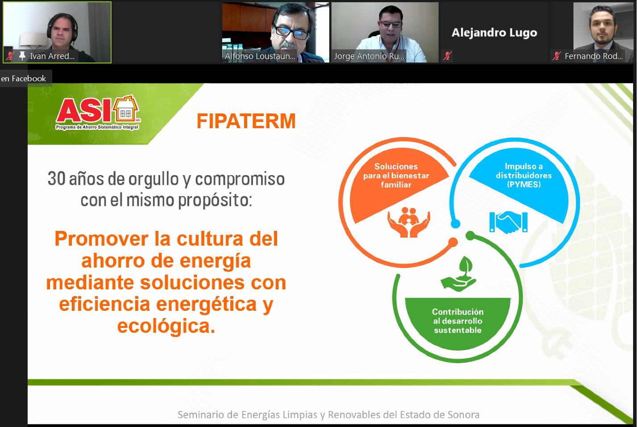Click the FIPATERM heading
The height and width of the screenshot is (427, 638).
246,121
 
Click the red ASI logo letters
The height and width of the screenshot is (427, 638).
83,111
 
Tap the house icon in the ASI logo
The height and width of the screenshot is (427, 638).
125,110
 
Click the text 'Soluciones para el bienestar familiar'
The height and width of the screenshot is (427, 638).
396,176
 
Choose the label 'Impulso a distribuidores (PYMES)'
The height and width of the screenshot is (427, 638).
523,175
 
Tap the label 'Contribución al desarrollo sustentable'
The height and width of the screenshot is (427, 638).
458,321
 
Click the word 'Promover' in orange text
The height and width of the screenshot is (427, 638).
101,239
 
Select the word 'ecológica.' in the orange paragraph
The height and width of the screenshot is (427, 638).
166,326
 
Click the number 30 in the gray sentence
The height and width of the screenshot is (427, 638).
56,179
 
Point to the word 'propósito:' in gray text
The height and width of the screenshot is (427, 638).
215,200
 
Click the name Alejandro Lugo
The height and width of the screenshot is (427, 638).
494,33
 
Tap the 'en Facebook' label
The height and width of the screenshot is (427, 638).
24,79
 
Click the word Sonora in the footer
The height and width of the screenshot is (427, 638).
464,414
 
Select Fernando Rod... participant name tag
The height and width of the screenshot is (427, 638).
593,56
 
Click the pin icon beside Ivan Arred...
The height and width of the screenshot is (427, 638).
22,56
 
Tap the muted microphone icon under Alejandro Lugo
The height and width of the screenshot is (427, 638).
447,56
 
